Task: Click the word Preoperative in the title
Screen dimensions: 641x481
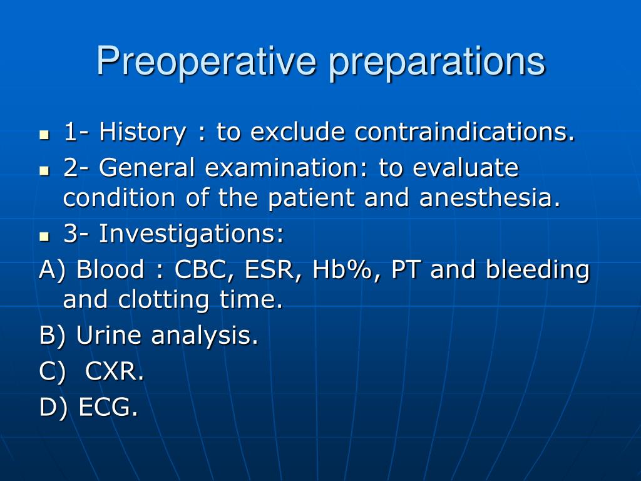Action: click(x=207, y=61)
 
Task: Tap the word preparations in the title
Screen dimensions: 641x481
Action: click(x=437, y=63)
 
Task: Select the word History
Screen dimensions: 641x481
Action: click(x=142, y=133)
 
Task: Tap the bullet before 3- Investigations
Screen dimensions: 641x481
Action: click(x=44, y=236)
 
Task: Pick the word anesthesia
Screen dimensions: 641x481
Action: click(x=490, y=197)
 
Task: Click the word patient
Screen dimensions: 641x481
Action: click(x=310, y=199)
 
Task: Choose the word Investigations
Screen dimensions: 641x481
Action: click(x=192, y=235)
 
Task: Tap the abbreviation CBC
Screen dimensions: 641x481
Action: click(x=201, y=271)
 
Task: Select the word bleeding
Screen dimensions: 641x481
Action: click(x=538, y=271)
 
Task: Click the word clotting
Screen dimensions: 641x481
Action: click(x=163, y=301)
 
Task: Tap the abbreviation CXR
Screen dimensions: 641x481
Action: click(x=115, y=371)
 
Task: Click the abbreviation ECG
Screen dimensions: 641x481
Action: click(x=108, y=407)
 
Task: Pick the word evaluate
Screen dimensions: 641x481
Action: click(x=466, y=168)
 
